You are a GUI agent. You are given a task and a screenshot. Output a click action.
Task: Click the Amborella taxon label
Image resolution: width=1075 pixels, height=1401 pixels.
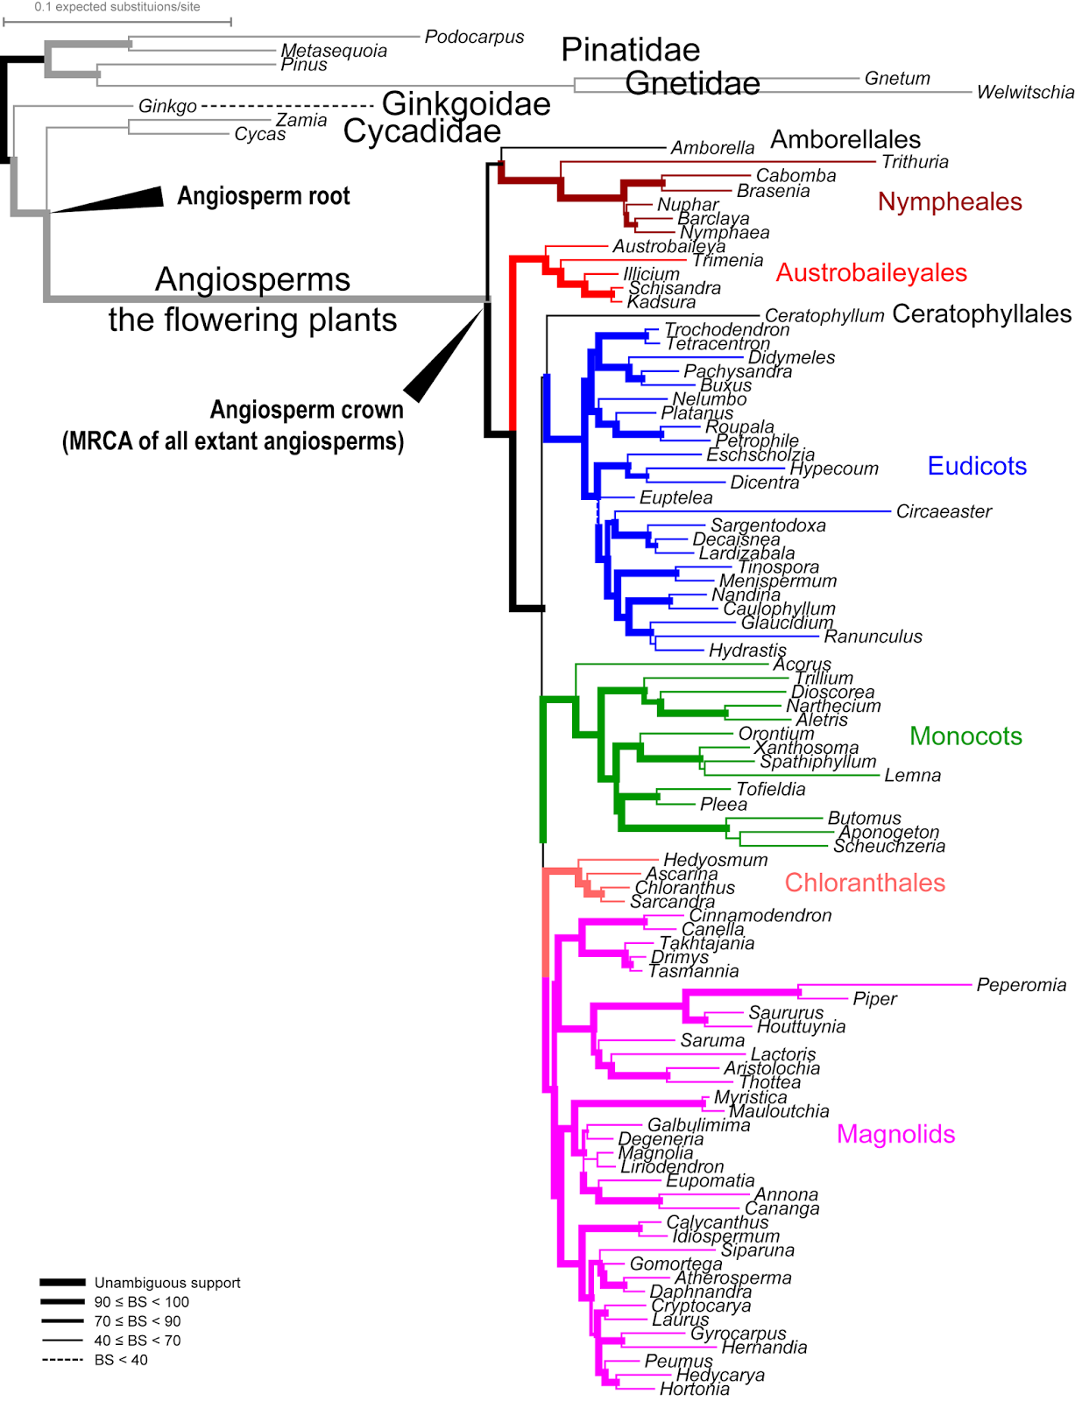(x=712, y=148)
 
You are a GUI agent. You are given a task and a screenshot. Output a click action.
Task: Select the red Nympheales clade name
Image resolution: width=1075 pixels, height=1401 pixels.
(x=950, y=202)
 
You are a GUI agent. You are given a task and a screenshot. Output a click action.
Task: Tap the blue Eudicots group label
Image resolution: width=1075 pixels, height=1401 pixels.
(x=977, y=466)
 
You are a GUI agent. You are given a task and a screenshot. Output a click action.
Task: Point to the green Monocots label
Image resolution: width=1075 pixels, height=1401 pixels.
(x=965, y=736)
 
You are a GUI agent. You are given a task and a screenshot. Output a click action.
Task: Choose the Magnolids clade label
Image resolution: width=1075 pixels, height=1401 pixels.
(x=895, y=1135)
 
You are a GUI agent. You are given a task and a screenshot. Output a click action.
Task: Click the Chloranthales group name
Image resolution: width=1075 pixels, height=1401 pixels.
(x=865, y=883)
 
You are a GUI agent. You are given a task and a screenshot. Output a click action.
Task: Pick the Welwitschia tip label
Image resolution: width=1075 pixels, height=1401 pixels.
(x=1025, y=93)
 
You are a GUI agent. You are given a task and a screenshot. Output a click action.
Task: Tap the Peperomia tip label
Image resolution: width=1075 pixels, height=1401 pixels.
(x=1022, y=985)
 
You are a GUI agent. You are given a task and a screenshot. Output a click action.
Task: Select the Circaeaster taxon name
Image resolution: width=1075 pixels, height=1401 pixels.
(x=944, y=511)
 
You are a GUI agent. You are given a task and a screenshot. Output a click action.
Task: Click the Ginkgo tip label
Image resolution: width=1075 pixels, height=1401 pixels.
(x=167, y=107)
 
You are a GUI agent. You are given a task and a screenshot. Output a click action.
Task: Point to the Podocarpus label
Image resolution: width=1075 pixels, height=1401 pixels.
(x=474, y=37)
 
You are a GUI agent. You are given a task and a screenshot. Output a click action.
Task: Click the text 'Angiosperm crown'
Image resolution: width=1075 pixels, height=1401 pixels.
(x=307, y=410)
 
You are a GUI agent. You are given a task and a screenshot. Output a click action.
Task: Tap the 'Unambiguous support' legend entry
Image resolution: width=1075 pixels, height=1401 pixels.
(x=167, y=1283)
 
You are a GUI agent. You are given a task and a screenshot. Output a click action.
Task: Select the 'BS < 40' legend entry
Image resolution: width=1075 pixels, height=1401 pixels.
(x=121, y=1360)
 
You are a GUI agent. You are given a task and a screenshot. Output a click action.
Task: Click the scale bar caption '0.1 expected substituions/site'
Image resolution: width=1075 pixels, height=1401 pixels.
(x=117, y=7)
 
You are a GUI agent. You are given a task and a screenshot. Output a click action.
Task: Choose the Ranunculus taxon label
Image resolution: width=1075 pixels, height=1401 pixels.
(x=873, y=637)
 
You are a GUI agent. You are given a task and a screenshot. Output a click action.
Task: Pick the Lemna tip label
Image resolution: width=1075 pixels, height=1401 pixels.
(x=912, y=775)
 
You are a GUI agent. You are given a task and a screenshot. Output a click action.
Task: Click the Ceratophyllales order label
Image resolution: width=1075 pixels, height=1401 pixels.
(x=981, y=314)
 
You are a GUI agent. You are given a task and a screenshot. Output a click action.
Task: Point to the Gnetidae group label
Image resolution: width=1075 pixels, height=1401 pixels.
(x=693, y=84)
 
